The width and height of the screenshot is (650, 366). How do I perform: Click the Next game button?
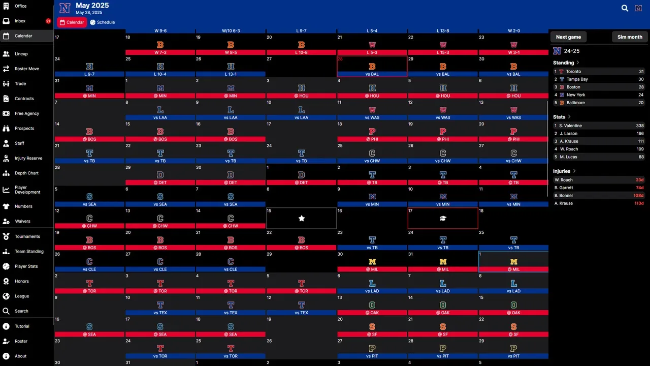[568, 37]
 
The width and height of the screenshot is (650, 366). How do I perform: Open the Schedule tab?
[103, 22]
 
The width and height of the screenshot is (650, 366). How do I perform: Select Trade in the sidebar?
[20, 84]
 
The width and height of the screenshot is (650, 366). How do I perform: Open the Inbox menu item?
[20, 21]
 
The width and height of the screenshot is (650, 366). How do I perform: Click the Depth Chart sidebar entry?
[26, 173]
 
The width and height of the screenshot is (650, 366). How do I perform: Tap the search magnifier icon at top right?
[625, 8]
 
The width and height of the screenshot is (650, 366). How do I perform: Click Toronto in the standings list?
[573, 72]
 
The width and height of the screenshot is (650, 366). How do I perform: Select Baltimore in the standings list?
[575, 103]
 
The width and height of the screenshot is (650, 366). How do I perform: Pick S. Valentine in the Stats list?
[571, 126]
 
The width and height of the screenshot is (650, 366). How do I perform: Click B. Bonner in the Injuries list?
[564, 196]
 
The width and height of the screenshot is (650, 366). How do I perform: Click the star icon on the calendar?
[302, 218]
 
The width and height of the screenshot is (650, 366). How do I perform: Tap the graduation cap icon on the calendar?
[443, 218]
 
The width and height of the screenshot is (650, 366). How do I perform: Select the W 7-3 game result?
[160, 52]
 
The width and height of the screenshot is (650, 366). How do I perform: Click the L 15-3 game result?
[443, 52]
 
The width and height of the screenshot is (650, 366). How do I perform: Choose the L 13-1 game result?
[231, 74]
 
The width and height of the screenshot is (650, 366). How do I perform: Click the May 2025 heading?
[92, 6]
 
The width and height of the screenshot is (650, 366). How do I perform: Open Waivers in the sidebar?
[22, 222]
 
